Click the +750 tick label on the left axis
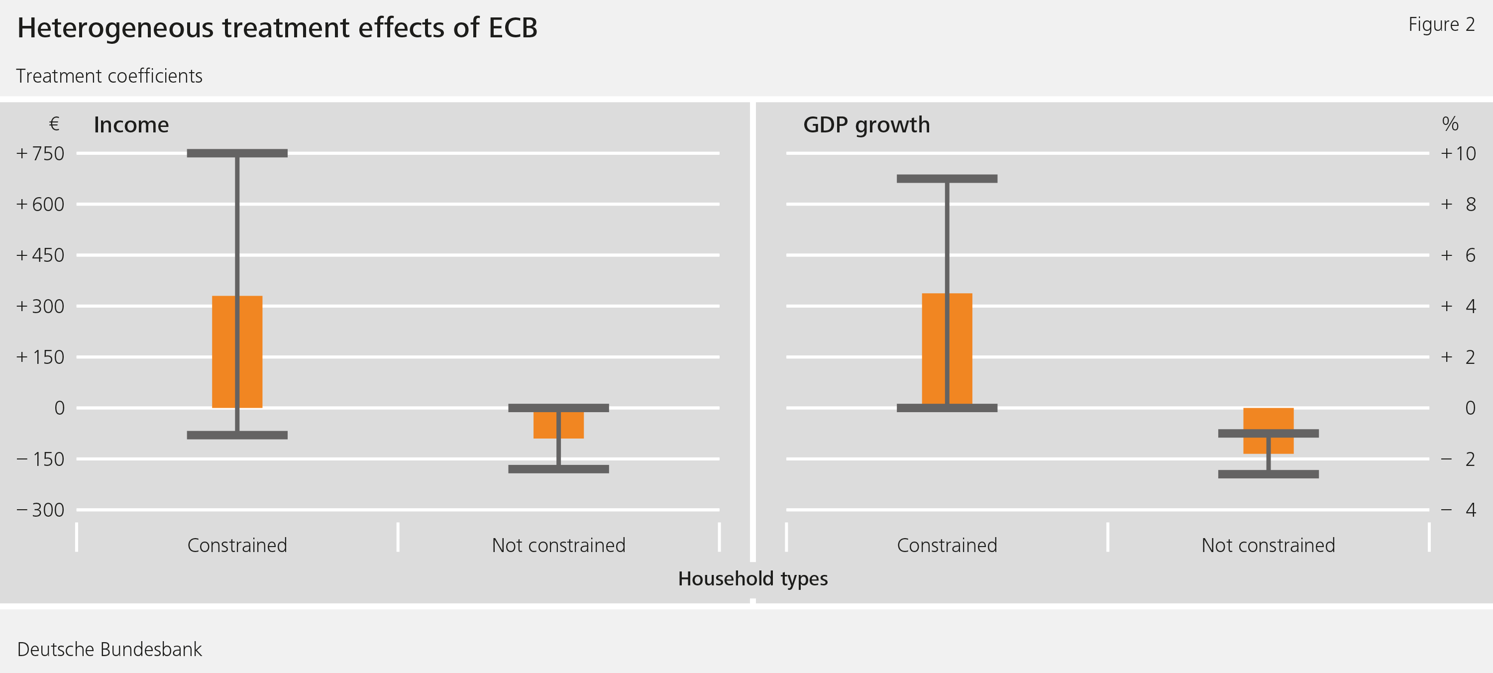tap(41, 154)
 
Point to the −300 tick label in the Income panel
tap(41, 510)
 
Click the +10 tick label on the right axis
tap(1458, 154)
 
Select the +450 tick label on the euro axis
tap(41, 255)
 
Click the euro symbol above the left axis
tap(54, 123)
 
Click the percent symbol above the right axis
tap(1450, 123)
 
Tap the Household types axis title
tap(753, 578)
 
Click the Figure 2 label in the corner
tap(1441, 24)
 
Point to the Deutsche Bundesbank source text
tap(109, 649)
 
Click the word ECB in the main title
tap(513, 28)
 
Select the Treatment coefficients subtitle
tap(109, 76)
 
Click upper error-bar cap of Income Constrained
tap(237, 153)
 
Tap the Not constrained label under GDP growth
tap(1268, 546)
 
